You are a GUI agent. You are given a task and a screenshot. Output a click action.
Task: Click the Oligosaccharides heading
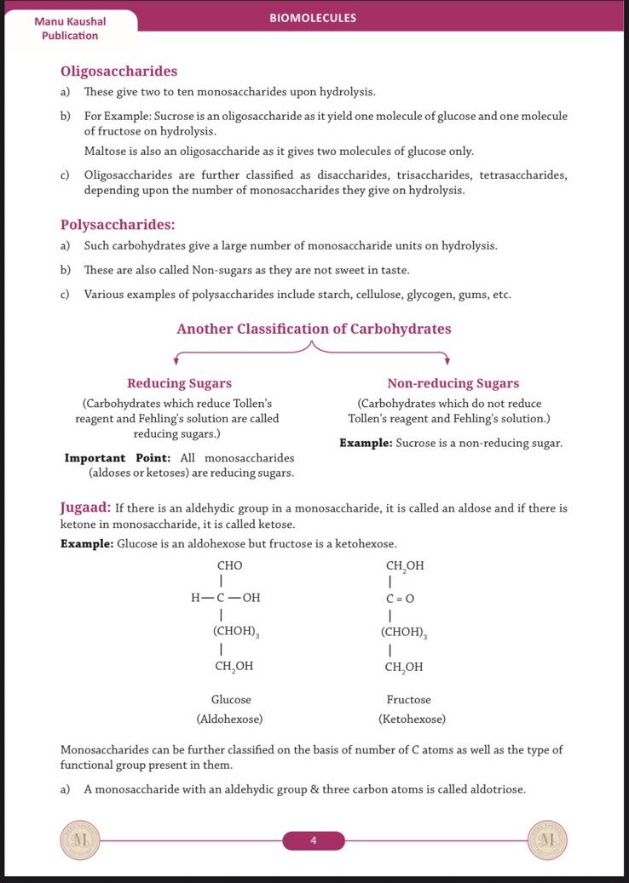coord(118,72)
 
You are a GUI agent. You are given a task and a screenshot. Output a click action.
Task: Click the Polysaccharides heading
coord(118,225)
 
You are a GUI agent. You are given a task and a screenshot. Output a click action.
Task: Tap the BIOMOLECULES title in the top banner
coord(313,18)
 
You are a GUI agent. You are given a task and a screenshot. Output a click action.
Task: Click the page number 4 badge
coord(314,841)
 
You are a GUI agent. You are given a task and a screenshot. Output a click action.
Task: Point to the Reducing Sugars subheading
coord(179,383)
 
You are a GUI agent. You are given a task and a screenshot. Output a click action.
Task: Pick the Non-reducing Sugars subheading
coord(453,383)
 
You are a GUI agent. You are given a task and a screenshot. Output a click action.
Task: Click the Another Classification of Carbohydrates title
coord(314,329)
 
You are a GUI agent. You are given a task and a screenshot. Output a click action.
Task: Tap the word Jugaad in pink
coord(84,507)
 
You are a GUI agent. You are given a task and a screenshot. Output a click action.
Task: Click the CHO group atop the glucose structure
coord(229,565)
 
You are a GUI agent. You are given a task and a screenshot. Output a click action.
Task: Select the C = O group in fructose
coord(400,599)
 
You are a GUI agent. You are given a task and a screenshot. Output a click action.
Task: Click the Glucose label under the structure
coord(231,699)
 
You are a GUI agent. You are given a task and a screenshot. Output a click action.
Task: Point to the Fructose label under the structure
coord(408,699)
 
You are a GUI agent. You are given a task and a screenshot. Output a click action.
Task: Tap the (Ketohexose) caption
coord(412,719)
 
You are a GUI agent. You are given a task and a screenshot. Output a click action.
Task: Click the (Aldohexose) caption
coord(229,719)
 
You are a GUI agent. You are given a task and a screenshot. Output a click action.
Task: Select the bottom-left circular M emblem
coord(80,840)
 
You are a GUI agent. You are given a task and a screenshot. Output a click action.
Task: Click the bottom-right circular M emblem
coord(548,840)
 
